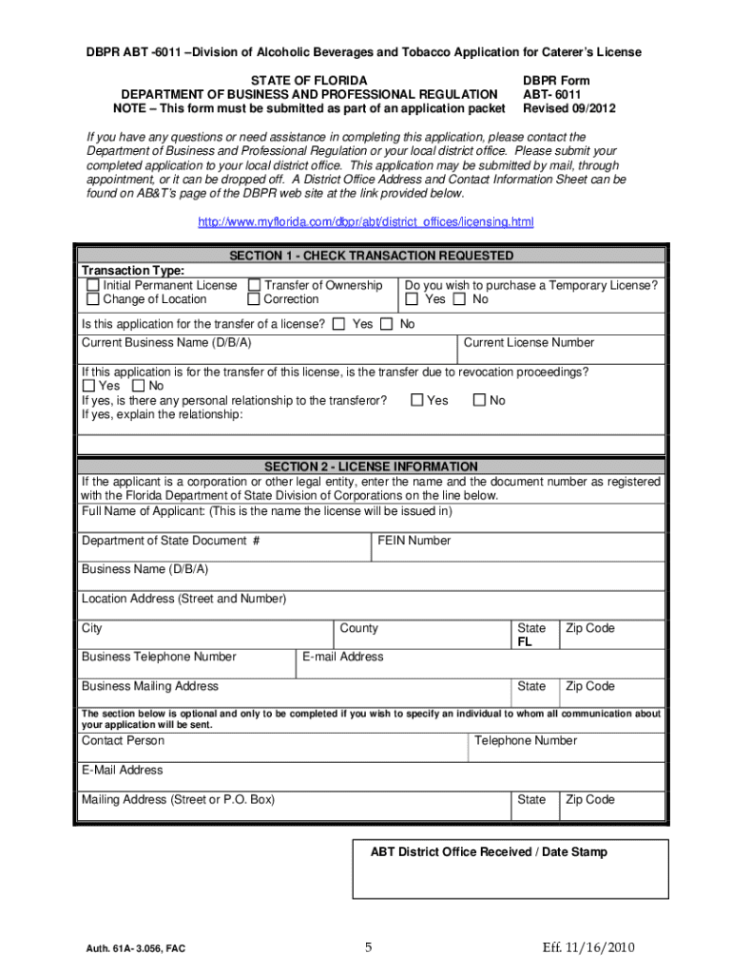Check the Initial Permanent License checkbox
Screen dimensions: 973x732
(93, 285)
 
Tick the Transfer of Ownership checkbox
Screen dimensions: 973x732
(254, 285)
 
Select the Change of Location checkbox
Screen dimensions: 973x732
(93, 299)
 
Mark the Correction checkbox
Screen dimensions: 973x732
(254, 299)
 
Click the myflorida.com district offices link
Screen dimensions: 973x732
(365, 222)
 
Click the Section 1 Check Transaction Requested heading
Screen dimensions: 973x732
(371, 256)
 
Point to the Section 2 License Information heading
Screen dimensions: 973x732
(371, 467)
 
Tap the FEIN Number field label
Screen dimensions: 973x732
(414, 541)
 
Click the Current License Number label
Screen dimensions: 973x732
(528, 342)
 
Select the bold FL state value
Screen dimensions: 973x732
(525, 642)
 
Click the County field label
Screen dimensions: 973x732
(358, 628)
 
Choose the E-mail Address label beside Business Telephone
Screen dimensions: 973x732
(343, 657)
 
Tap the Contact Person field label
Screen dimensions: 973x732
(123, 740)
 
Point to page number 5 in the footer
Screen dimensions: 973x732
(367, 947)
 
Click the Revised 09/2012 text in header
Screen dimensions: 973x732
(569, 109)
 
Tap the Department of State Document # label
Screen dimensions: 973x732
(171, 541)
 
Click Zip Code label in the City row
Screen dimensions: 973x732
(590, 628)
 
